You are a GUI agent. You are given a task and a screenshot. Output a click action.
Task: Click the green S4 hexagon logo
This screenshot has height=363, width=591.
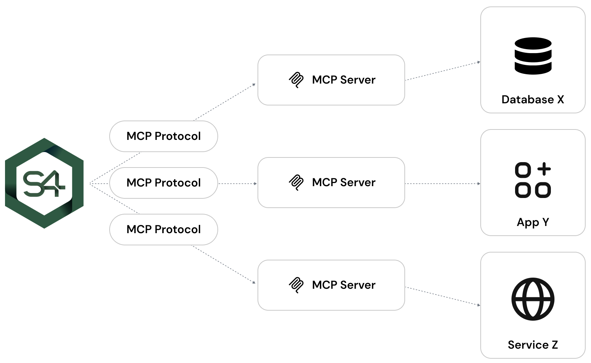[x=44, y=183]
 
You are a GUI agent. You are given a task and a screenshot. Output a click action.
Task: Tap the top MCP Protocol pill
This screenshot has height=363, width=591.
[x=163, y=136]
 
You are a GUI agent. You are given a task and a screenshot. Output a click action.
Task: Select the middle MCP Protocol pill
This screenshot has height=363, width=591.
[x=163, y=183]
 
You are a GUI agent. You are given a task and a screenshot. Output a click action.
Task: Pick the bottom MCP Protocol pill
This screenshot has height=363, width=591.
[x=163, y=230]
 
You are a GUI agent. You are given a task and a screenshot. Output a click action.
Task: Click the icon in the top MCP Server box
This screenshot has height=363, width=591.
[x=296, y=80]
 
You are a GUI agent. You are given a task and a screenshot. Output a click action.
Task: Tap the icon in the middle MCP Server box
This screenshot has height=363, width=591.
[x=296, y=183]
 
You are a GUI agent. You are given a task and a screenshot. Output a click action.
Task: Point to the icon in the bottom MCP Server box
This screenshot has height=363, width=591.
[x=296, y=285]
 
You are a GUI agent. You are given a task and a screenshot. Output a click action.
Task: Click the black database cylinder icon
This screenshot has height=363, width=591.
[x=533, y=56]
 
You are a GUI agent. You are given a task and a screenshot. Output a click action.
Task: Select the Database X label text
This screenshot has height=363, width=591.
[x=533, y=99]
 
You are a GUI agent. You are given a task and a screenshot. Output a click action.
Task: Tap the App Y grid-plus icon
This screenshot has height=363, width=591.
[x=533, y=180]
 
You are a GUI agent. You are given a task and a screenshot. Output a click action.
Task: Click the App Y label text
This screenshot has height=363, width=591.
[x=533, y=222]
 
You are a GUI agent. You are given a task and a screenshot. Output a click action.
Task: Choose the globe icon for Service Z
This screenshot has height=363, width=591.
[x=533, y=299]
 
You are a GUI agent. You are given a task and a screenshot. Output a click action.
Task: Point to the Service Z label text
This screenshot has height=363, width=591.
[x=533, y=345]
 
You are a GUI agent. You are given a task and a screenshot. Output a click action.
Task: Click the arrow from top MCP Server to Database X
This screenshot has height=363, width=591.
[x=442, y=71]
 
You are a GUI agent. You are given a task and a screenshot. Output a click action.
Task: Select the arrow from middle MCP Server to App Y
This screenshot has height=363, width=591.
[x=442, y=184]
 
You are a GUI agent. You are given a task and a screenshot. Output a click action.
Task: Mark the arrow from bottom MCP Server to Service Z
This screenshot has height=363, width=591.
[x=442, y=296]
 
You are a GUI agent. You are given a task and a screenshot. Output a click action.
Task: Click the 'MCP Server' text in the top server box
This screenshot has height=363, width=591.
[x=343, y=80]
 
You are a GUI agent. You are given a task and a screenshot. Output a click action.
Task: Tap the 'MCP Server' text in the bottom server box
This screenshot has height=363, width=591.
[x=343, y=285]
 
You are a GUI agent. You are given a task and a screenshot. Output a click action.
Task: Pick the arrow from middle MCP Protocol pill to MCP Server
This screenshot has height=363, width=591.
[x=237, y=184]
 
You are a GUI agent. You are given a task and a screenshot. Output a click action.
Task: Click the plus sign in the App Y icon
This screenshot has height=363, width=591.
[x=544, y=169]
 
